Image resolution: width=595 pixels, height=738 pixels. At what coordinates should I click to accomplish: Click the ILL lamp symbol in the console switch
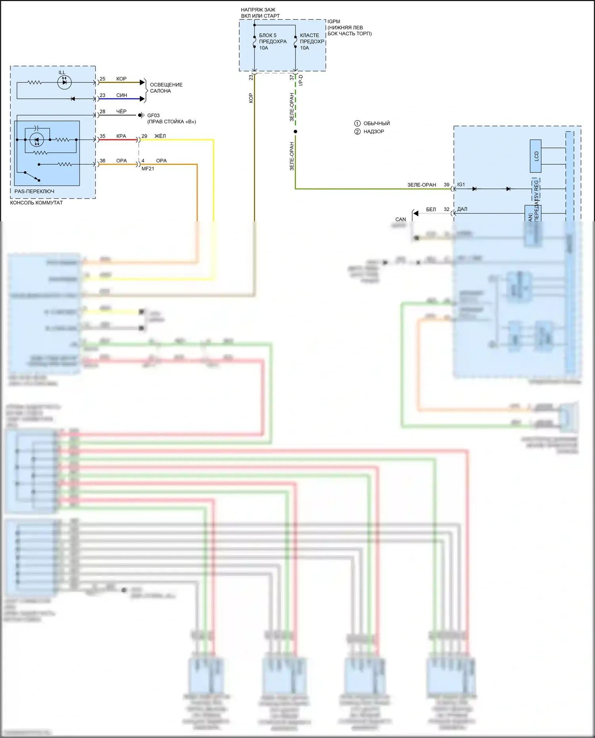click(x=64, y=82)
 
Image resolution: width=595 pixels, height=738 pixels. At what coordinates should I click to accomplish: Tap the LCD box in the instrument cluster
click(x=535, y=156)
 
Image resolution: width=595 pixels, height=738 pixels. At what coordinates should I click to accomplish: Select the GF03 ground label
click(x=154, y=115)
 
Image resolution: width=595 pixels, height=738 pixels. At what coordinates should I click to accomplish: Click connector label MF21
click(x=148, y=169)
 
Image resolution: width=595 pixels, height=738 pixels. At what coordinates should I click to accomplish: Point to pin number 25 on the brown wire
click(x=102, y=79)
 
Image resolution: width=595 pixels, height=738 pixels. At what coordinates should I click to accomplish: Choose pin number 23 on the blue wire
click(x=102, y=95)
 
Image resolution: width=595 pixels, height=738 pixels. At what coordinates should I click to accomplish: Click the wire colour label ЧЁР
click(x=121, y=111)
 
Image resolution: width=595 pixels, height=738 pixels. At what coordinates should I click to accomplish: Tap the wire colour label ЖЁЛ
click(x=160, y=136)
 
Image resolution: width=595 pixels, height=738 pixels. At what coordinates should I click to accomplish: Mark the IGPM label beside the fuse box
click(x=334, y=21)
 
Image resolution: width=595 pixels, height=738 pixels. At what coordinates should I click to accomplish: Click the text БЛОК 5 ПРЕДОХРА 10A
click(x=273, y=41)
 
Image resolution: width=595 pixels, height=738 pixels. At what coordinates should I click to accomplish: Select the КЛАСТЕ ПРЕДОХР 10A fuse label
click(x=312, y=41)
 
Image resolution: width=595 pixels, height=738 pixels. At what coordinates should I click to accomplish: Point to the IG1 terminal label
click(x=461, y=184)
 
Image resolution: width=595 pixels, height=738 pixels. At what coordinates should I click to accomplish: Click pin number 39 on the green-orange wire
click(x=447, y=184)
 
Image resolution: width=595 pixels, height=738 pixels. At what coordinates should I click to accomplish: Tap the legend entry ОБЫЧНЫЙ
click(x=376, y=123)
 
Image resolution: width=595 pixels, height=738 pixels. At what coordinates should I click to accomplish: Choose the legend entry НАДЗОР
click(x=374, y=131)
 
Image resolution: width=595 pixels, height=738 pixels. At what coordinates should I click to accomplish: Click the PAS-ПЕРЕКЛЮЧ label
click(x=35, y=191)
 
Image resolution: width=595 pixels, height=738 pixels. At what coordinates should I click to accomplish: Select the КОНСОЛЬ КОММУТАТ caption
click(x=36, y=203)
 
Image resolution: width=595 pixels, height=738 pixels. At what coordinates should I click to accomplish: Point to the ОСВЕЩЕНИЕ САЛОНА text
click(x=166, y=88)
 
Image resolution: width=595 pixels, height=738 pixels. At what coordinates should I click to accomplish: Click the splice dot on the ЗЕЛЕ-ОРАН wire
click(x=295, y=131)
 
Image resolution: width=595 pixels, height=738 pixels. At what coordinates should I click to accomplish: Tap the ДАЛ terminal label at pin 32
click(x=462, y=209)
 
